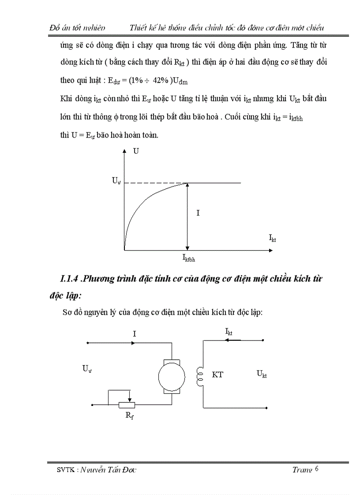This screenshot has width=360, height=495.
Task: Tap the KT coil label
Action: pos(217,375)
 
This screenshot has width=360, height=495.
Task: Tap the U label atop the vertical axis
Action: pos(136,151)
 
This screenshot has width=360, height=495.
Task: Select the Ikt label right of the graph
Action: pos(273,238)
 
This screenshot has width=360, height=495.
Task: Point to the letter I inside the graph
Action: pos(198,213)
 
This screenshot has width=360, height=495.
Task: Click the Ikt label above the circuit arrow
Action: pos(229,331)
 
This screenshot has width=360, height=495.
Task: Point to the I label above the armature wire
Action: pos(134,334)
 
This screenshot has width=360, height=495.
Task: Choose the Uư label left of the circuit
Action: pos(87,369)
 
